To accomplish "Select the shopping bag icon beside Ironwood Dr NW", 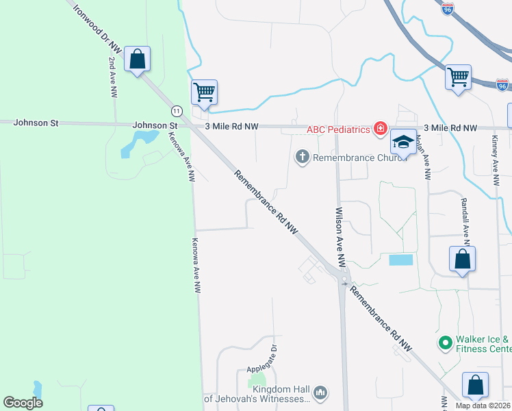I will pos(138,60).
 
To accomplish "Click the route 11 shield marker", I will pos(177,110).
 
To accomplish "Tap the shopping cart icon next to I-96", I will pos(458,77).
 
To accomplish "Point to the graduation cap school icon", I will pos(404,142).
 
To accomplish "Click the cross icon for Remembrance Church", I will pos(301,158).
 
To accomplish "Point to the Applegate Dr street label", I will pos(272,357).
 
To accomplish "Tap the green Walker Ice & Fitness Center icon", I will pos(444,341).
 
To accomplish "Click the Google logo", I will pos(23,403).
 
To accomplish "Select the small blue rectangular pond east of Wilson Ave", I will pos(401,260).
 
